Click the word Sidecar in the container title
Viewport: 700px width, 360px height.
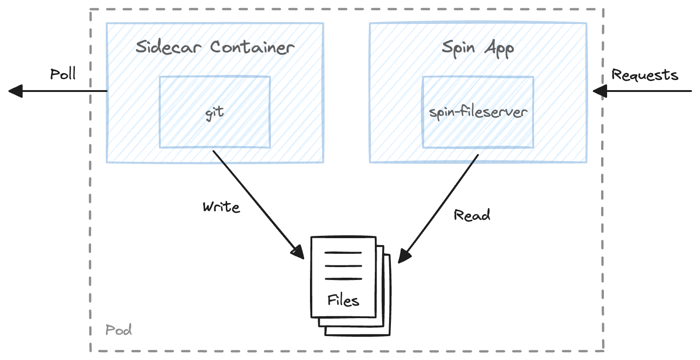[169, 47]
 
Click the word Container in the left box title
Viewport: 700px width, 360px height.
[252, 47]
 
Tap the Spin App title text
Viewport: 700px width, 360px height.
[478, 48]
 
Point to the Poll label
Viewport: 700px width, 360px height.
[63, 74]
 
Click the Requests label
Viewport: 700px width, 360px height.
[645, 75]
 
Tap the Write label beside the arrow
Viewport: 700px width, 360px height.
[221, 207]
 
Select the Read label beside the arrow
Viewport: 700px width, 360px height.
[472, 215]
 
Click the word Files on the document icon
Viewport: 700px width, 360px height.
[343, 300]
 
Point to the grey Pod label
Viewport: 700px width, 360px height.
[119, 330]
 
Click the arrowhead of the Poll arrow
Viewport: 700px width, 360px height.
[15, 91]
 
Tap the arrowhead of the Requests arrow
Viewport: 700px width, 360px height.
[599, 91]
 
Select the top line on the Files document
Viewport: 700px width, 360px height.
[343, 252]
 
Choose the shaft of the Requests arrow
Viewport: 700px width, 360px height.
[648, 91]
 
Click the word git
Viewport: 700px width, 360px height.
[215, 113]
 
